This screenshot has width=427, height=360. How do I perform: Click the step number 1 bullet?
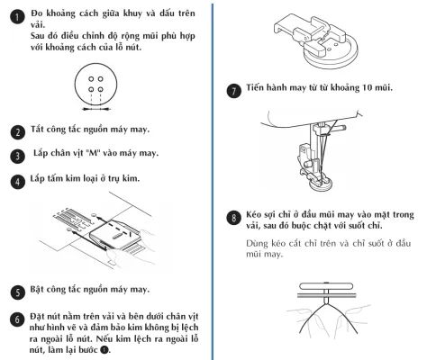17,17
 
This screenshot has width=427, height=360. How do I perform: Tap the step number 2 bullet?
18,132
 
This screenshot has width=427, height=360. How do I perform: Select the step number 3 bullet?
17,156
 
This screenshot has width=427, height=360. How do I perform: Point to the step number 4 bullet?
18,182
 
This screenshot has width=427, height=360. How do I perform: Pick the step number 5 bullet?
18,292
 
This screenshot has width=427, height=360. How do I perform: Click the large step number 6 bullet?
17,319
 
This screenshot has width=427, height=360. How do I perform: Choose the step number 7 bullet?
233,91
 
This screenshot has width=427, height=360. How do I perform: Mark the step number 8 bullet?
233,218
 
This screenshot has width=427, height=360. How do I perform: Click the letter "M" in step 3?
90,153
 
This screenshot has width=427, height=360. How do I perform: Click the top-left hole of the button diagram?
91,79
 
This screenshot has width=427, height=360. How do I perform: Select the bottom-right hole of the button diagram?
101,89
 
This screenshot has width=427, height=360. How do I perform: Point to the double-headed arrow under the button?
96,109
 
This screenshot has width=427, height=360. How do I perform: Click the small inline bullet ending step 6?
104,350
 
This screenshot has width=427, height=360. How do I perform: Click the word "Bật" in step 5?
35,289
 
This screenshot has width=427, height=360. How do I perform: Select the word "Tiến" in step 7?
253,87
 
